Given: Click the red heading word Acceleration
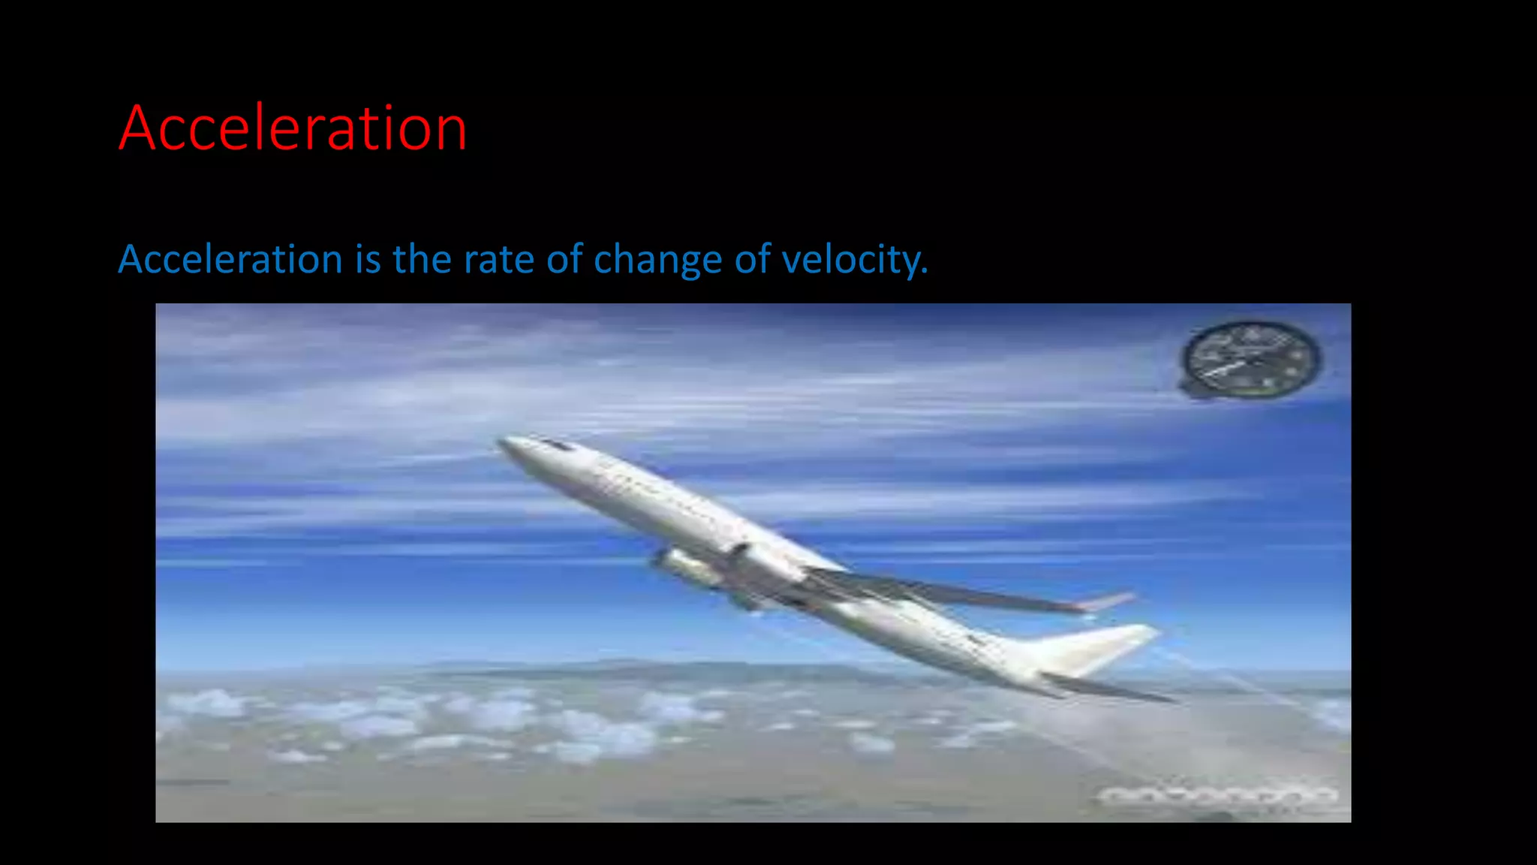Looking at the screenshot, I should click(x=293, y=129).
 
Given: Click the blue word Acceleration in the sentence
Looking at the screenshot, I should click(x=230, y=260).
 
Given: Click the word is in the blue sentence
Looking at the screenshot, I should click(x=368, y=260).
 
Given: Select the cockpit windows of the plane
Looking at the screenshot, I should click(x=555, y=445).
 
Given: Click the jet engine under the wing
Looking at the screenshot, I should click(x=687, y=568).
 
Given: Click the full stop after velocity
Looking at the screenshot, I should click(x=925, y=272).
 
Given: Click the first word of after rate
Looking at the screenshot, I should click(x=564, y=260).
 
